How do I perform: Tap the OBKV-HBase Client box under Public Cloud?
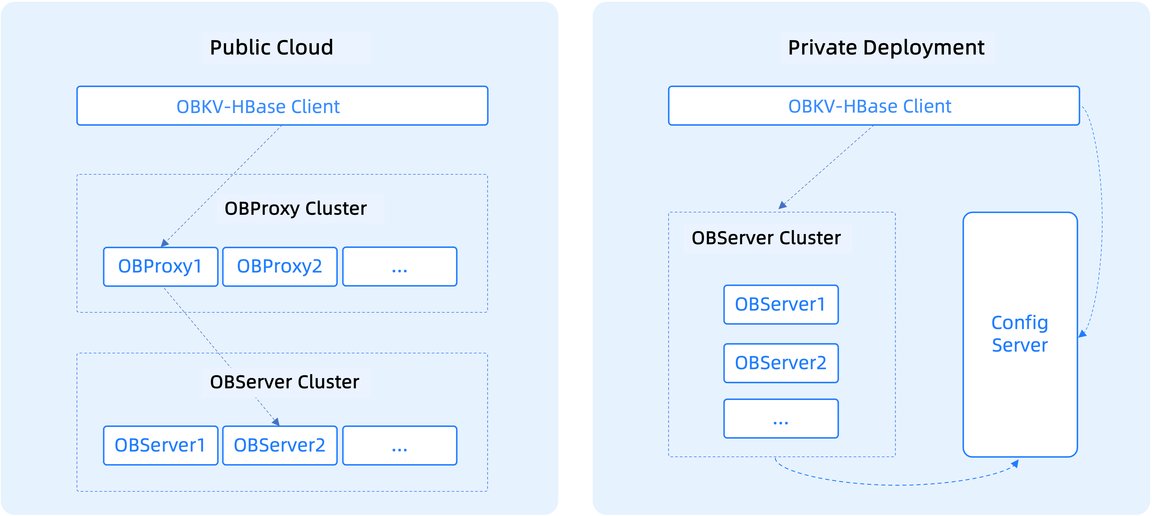tap(282, 106)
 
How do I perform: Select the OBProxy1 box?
tap(161, 266)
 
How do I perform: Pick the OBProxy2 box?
tap(279, 266)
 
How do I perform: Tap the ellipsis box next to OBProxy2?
tap(399, 266)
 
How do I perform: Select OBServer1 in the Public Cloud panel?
tap(161, 445)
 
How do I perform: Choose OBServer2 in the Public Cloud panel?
tap(279, 445)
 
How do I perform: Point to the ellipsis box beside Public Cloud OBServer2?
tap(399, 445)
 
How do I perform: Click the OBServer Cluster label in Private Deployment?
tap(767, 238)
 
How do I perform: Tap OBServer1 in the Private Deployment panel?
tap(781, 304)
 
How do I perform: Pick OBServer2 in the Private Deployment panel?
tap(781, 363)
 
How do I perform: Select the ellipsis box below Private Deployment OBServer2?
tap(781, 418)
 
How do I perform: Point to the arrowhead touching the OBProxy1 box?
tap(165, 243)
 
